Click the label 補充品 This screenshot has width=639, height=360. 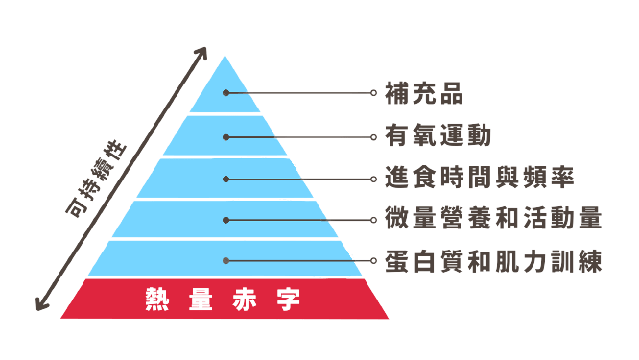424,93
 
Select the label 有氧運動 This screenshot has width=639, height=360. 438,135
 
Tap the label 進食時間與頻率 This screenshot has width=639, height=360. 480,177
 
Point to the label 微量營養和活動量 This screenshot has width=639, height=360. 493,218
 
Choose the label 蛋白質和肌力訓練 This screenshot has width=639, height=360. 493,261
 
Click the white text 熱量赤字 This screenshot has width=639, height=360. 223,300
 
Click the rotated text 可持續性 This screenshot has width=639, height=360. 96,179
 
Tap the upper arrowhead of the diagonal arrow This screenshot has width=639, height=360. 202,53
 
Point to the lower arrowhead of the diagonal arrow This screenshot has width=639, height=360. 40,304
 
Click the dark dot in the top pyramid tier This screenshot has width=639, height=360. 225,93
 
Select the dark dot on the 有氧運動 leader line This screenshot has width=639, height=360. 225,137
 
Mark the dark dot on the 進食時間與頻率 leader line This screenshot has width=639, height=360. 225,179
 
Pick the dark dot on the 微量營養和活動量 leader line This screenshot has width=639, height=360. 225,220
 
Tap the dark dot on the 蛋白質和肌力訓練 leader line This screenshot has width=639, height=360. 225,261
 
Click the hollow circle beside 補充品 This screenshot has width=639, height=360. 373,93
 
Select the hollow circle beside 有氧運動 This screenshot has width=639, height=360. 373,137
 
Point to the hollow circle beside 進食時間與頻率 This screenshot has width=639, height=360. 373,179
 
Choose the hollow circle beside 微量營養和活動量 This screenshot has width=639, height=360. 373,220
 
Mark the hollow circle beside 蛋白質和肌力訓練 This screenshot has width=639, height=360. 373,261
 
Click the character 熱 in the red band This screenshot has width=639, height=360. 157,300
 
